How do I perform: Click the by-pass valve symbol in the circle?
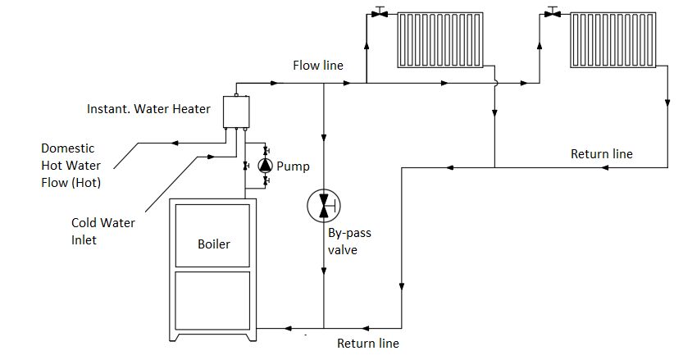[324, 206]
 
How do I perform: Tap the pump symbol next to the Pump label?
[266, 166]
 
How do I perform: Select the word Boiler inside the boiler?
[213, 244]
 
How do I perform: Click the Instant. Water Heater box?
[236, 112]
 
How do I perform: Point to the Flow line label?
[318, 66]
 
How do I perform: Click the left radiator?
[440, 39]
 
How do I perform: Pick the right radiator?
[612, 39]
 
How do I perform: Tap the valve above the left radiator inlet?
[380, 12]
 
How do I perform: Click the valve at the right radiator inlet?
[553, 12]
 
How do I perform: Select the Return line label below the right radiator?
[602, 154]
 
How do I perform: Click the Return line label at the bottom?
[368, 344]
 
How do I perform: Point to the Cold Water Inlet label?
[103, 231]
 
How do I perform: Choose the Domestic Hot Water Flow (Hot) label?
[71, 166]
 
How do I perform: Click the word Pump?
[294, 166]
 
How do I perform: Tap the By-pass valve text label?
[349, 241]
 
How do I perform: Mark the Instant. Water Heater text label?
[148, 108]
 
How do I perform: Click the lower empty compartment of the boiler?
[212, 301]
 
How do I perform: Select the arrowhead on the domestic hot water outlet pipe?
[175, 143]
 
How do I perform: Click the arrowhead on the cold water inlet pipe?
[212, 157]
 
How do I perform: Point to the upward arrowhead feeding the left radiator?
[367, 45]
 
